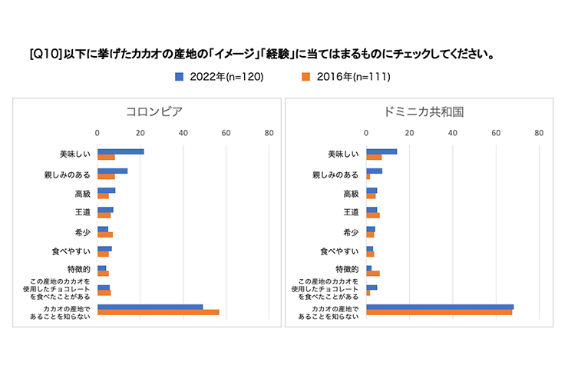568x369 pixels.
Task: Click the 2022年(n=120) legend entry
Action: pos(218,76)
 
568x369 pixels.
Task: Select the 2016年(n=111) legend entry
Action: pos(346,76)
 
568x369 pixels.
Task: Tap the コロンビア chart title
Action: pos(154,111)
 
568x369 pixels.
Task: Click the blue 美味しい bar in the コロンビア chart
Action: pos(121,151)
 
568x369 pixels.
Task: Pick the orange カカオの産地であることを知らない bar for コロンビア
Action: pos(158,312)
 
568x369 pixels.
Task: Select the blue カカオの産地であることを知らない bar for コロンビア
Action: pos(150,307)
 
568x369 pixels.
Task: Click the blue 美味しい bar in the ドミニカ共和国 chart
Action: pos(381,151)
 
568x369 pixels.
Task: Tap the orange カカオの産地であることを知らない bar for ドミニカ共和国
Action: pos(439,312)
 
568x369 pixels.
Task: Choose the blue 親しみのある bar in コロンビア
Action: pos(112,171)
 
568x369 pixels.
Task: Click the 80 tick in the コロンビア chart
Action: pos(269,133)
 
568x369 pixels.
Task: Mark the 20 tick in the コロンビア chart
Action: pos(140,133)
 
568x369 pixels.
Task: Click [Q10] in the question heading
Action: pos(42,55)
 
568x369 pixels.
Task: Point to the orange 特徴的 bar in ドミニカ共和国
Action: pos(373,273)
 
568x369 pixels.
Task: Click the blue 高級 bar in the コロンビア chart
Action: pos(106,190)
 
